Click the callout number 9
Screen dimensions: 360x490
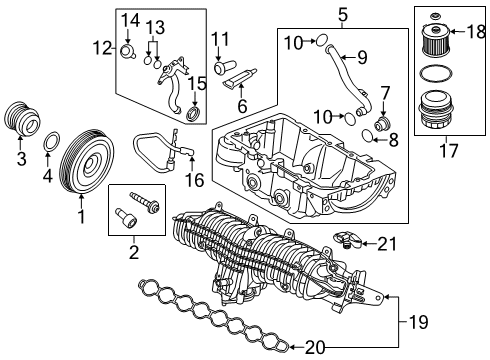coord(362,57)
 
